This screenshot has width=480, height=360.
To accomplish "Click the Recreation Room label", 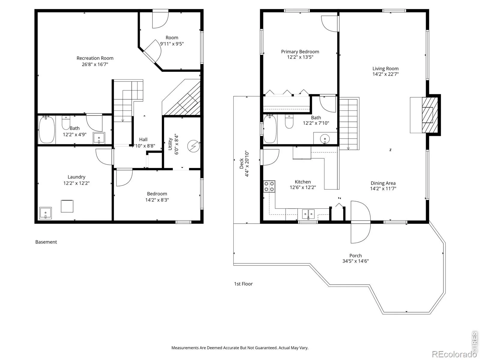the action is coord(95,58).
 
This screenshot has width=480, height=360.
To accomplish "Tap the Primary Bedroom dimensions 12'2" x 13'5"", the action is coord(300,57).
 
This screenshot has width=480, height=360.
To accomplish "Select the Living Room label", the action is coord(385,69).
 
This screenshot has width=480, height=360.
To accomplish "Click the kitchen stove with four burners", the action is coord(269,186).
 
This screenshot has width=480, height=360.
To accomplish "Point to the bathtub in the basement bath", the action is coord(46,130).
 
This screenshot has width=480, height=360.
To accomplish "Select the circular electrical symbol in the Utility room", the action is coord(193,146).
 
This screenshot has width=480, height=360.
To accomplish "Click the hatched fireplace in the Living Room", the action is coord(430,115).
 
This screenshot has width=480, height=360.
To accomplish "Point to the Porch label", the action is coord(355,256).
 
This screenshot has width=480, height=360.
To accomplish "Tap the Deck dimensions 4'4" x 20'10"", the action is coord(247,163).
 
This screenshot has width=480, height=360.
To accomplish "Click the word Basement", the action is coord(46,242).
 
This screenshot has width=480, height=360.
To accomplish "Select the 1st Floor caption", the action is coord(243,284).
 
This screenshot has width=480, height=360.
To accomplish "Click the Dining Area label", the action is coord(383,183).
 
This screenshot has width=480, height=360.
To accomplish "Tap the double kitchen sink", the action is coord(308,214).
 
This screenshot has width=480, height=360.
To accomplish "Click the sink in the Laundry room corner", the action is coord(46,213).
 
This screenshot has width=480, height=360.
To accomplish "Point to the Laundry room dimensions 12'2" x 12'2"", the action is coord(76,183).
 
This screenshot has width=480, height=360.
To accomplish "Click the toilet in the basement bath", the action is coord(66,123).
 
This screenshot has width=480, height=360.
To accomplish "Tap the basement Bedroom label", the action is coord(157,194).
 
